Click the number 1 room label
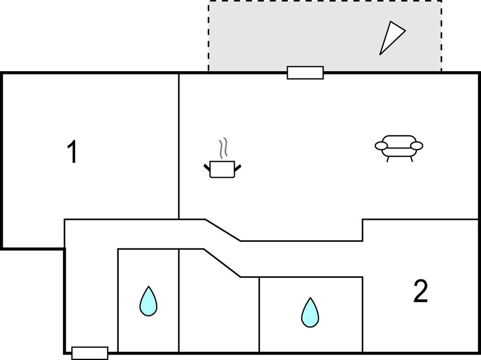tap(72, 152)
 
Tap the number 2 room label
tap(420, 292)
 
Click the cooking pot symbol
tap(223, 169)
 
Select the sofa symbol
tap(399, 147)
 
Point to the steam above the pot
tap(223, 147)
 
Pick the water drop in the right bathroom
tap(310, 313)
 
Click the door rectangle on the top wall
tap(305, 73)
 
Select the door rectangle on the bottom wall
tap(90, 353)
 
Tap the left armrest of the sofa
tap(381, 146)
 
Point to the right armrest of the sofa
tap(417, 146)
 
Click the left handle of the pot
tap(207, 166)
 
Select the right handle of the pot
tap(238, 166)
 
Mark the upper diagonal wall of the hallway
tap(223, 230)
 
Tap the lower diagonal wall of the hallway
tap(221, 263)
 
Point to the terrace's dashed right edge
tap(441, 36)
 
